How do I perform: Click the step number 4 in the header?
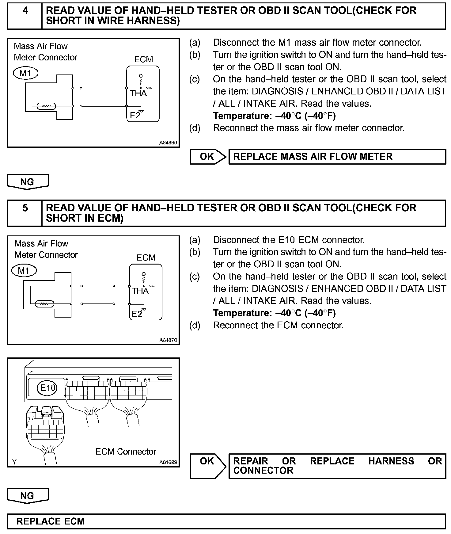25,11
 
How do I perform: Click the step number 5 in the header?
25,208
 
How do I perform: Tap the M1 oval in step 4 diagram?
26,73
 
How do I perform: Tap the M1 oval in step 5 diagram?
24,271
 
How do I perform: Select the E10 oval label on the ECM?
48,388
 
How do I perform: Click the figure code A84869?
168,143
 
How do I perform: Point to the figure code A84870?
168,340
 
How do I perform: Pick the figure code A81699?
168,462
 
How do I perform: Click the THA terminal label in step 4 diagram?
138,93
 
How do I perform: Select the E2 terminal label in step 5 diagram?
137,314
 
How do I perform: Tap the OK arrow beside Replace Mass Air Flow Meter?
208,157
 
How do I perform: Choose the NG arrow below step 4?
28,182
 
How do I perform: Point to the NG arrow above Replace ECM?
28,496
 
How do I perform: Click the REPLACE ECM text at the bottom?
51,521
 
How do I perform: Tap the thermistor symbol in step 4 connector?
46,106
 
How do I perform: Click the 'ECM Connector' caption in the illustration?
126,452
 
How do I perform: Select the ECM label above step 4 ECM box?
143,59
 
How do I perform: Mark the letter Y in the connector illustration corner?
14,462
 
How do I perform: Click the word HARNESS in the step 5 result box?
391,461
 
